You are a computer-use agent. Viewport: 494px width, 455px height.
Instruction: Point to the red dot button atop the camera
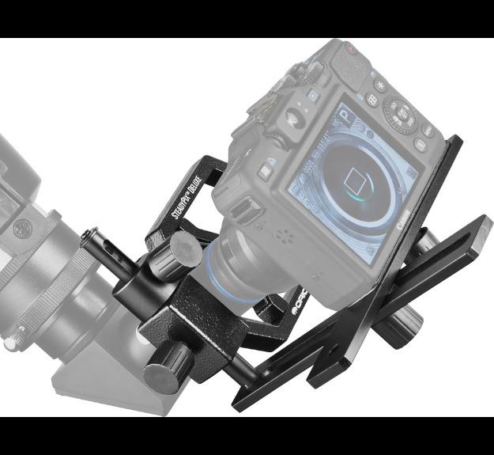[x=350, y=49]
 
